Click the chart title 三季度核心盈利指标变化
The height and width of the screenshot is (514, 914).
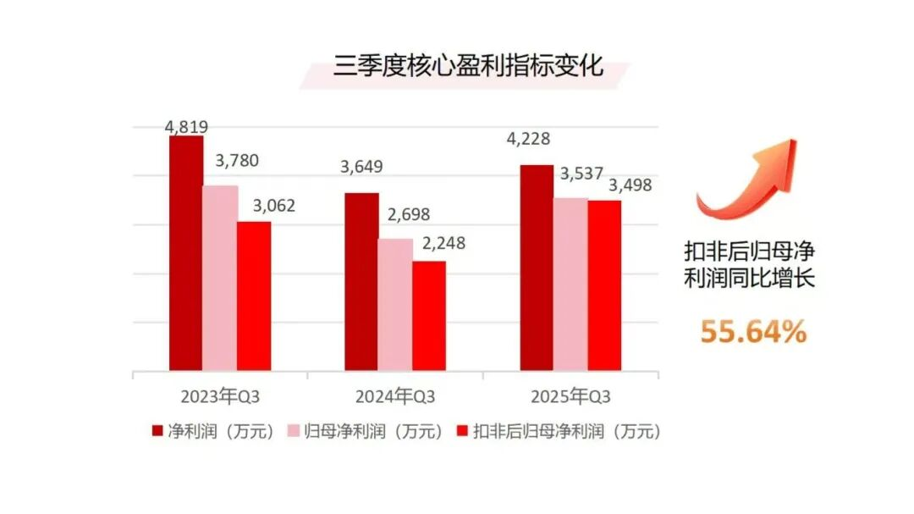[468, 65]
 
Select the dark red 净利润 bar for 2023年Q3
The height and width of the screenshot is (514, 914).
[186, 253]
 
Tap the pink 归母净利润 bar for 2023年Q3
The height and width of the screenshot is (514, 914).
[220, 279]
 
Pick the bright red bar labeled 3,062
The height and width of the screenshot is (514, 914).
[254, 296]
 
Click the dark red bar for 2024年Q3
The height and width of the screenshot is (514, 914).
[361, 282]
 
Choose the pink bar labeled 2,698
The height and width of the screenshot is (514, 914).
[395, 305]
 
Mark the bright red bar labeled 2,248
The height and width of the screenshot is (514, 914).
[429, 316]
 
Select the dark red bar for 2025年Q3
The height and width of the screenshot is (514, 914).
[537, 268]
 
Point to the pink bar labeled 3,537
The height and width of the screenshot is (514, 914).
[570, 285]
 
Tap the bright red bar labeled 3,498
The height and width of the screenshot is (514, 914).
[604, 286]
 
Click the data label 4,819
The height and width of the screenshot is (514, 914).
[186, 127]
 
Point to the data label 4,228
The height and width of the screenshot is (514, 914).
[528, 139]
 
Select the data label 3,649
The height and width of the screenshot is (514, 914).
[361, 167]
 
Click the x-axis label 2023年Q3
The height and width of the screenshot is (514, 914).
[220, 397]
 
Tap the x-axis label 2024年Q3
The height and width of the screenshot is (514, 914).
[395, 397]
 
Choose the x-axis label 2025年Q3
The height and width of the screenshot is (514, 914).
[570, 397]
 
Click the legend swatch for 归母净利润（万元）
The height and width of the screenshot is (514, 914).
[294, 431]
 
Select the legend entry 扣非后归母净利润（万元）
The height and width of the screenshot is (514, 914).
[559, 431]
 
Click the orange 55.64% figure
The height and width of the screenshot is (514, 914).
[753, 332]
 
